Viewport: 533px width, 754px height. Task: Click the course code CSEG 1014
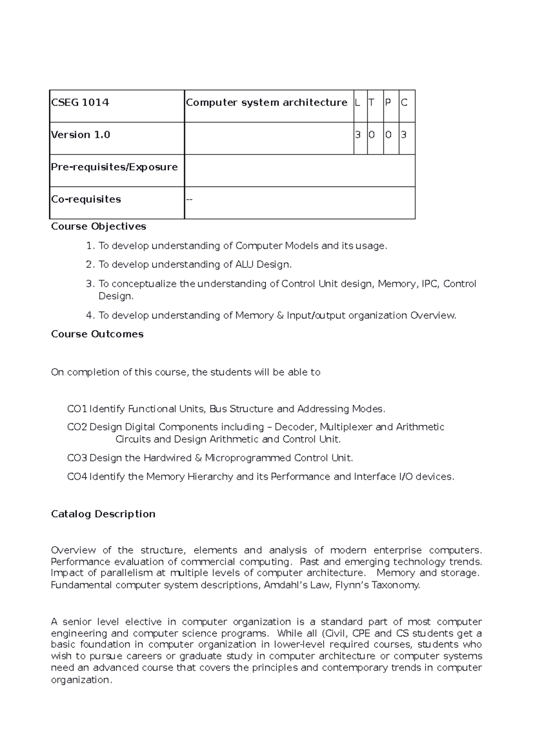click(80, 103)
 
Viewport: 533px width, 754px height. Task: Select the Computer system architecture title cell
click(266, 103)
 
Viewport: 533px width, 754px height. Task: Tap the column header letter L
click(358, 103)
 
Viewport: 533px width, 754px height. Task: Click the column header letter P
click(388, 103)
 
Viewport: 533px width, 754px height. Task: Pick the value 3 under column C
click(404, 135)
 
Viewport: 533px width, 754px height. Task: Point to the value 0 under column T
click(372, 135)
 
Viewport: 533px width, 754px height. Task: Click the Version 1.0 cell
click(81, 135)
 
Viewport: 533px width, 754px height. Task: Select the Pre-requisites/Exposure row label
click(114, 167)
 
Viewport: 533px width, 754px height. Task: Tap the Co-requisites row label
click(86, 199)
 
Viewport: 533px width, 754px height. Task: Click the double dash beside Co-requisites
click(190, 199)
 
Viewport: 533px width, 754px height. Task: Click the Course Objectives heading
click(98, 226)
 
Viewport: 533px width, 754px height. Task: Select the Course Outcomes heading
click(97, 334)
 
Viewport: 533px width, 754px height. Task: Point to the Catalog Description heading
click(103, 514)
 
